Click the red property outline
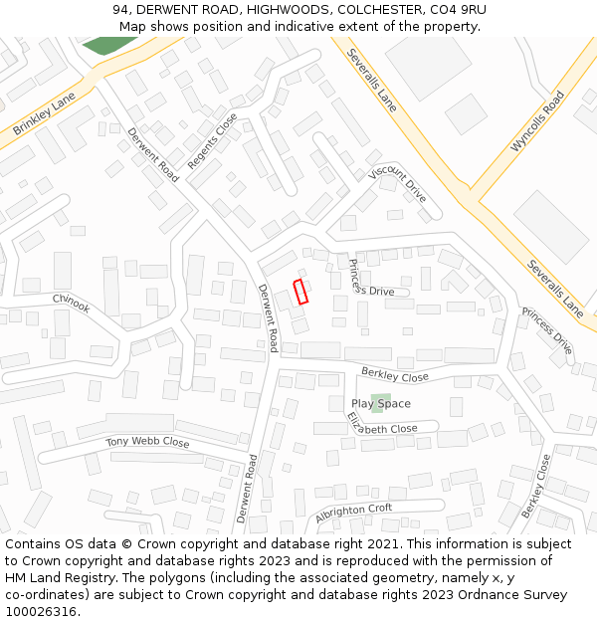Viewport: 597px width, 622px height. click(x=300, y=292)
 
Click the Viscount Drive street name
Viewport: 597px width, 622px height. click(x=397, y=184)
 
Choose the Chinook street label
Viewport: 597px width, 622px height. click(x=72, y=303)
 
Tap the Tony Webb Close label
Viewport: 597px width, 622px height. click(x=147, y=442)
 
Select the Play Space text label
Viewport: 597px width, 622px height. click(x=380, y=404)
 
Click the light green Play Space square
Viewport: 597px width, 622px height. click(x=380, y=403)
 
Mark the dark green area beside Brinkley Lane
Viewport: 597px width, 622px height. click(x=108, y=45)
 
